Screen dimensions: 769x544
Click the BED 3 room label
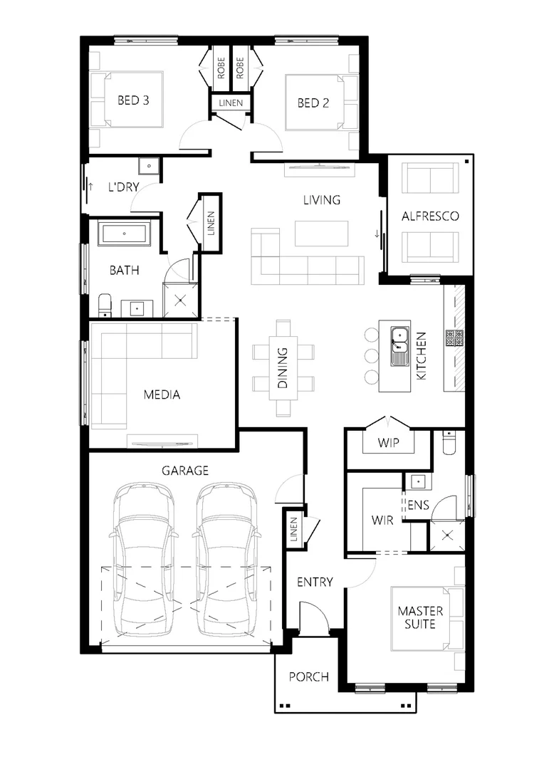(133, 100)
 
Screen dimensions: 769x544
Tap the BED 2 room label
(313, 103)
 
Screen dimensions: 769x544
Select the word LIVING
(322, 200)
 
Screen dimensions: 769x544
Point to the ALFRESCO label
(430, 216)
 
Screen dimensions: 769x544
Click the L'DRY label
(122, 187)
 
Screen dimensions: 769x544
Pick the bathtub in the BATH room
(125, 234)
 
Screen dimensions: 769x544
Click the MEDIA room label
(162, 394)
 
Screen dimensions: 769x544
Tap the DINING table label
(283, 367)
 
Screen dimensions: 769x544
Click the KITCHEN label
(421, 355)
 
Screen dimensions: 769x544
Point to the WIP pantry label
(388, 444)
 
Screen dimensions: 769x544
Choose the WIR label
(382, 520)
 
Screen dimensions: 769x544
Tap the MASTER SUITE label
(420, 617)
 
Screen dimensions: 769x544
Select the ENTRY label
(315, 582)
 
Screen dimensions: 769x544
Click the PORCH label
(309, 676)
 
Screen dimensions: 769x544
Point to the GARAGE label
(184, 470)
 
